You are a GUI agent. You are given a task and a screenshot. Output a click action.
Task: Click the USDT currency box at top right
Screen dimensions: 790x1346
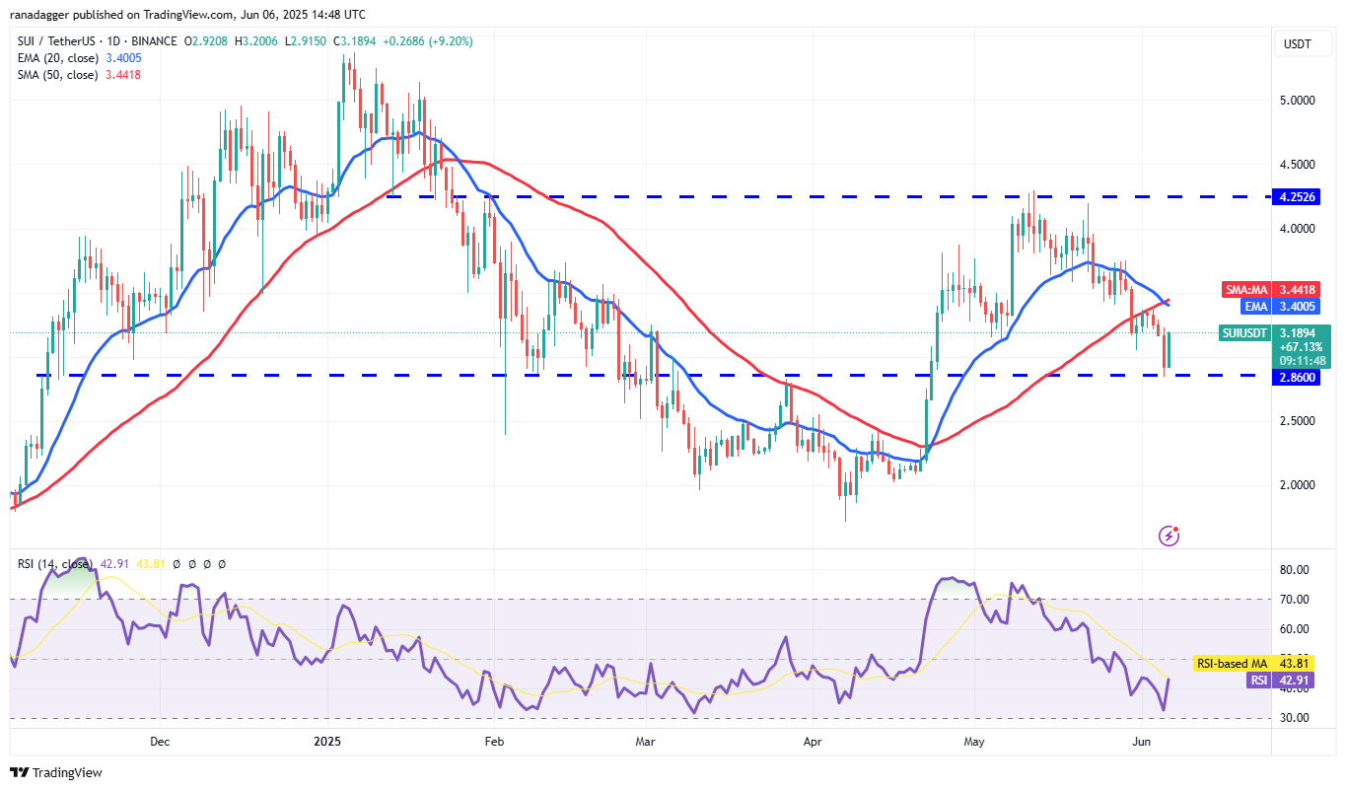tap(1299, 43)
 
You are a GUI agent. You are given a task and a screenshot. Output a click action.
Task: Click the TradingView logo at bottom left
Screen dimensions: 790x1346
tap(56, 773)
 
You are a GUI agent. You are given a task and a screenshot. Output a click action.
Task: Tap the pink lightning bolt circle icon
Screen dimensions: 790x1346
tap(1169, 536)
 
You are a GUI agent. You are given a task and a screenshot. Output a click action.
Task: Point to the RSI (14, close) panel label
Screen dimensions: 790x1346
tap(57, 564)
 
